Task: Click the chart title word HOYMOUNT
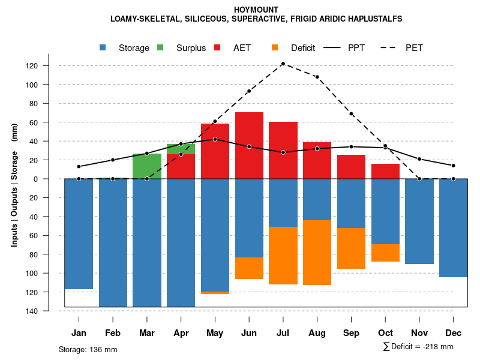(x=256, y=10)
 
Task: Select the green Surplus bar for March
(x=147, y=166)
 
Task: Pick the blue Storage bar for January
(x=79, y=234)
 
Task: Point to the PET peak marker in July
(x=283, y=64)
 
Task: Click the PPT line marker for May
(x=215, y=139)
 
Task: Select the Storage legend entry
(x=127, y=48)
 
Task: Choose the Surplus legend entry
(x=184, y=48)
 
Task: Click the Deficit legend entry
(x=295, y=48)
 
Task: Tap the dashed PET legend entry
(x=405, y=48)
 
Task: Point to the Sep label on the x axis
(x=351, y=333)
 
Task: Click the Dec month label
(x=454, y=333)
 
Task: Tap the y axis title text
(x=14, y=185)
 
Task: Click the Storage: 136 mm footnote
(x=88, y=349)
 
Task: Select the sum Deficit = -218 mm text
(x=418, y=346)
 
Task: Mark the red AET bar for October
(x=385, y=171)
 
